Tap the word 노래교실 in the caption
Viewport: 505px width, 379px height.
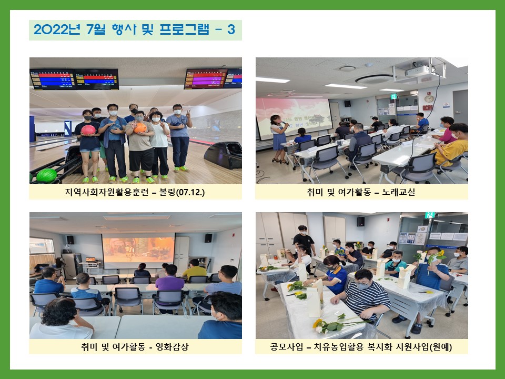click(x=398, y=192)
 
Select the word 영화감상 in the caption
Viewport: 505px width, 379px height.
click(x=172, y=347)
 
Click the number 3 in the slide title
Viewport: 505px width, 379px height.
click(x=231, y=29)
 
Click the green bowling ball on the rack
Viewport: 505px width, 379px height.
click(x=47, y=176)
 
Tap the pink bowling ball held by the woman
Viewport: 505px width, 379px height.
click(x=88, y=130)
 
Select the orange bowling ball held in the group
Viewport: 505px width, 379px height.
click(x=140, y=128)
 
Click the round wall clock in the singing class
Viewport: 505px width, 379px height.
click(x=429, y=98)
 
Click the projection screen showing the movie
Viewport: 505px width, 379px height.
click(x=138, y=251)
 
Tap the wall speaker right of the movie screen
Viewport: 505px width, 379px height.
click(x=208, y=238)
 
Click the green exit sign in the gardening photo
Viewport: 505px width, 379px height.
click(x=430, y=215)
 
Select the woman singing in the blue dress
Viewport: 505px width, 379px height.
click(x=279, y=138)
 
